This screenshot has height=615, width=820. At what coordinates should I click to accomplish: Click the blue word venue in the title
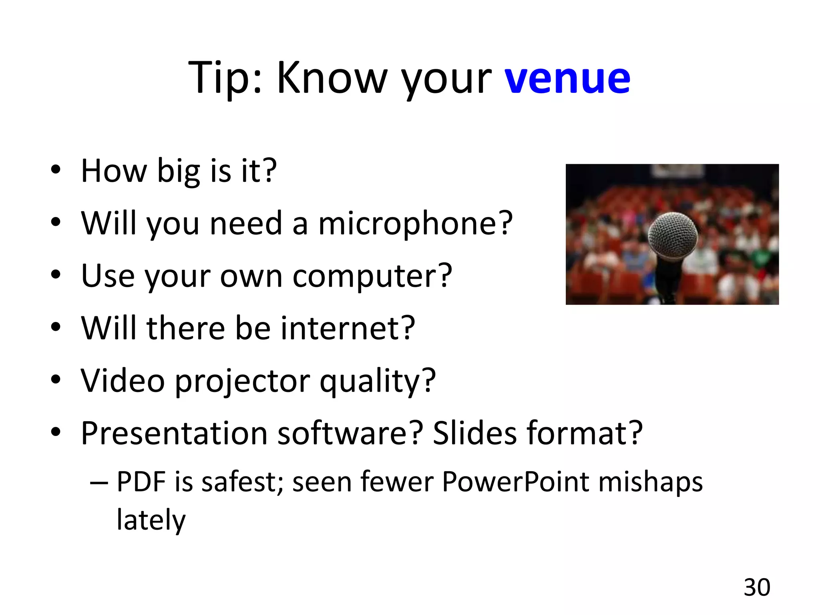[567, 78]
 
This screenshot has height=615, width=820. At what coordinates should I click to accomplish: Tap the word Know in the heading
[332, 78]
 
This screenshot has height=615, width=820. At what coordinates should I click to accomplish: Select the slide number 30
[757, 587]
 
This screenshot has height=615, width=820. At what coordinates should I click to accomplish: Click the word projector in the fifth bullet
[242, 381]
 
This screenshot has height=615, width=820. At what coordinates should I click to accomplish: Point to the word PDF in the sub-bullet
[141, 482]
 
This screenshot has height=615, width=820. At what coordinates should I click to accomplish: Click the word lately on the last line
[151, 520]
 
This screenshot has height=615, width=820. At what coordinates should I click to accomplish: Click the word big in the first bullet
[178, 171]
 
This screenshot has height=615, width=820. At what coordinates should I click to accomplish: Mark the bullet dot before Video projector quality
[56, 379]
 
